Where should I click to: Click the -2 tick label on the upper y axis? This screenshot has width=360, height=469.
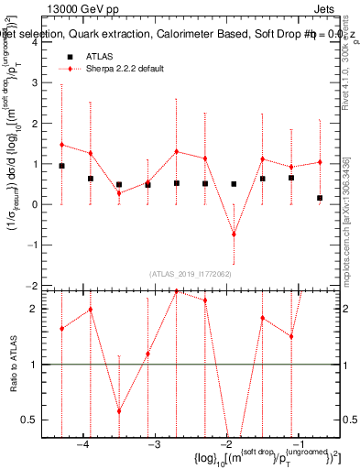[31, 286]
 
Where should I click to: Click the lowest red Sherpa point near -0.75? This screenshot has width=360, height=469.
[234, 234]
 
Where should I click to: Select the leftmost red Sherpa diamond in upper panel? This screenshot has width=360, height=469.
[61, 145]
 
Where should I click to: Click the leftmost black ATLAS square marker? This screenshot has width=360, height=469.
[61, 166]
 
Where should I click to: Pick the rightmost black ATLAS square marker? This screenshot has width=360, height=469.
[320, 198]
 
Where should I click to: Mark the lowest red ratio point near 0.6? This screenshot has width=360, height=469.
[119, 410]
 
